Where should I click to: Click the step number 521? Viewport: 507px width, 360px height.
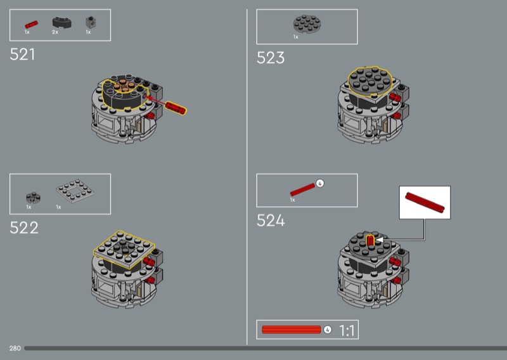point(22,55)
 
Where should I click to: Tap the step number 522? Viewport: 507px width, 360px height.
point(24,228)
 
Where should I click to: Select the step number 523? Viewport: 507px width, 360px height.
point(271,58)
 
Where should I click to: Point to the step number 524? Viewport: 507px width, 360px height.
point(271,221)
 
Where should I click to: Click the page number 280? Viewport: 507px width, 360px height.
point(15,349)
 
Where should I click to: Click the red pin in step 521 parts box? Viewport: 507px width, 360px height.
point(31,25)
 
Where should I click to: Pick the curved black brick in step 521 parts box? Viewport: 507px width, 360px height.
point(61,22)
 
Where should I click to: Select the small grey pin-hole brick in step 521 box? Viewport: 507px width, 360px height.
point(91,22)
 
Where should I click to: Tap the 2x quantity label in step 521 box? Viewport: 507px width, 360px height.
point(55,32)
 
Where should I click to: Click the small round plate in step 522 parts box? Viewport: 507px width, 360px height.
point(33,198)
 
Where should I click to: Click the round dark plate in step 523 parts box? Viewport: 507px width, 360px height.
point(307,24)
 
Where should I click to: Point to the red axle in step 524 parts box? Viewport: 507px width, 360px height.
point(302,190)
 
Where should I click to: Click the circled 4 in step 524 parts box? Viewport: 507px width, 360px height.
point(320,183)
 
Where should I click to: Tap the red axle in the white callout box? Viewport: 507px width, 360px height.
point(425,202)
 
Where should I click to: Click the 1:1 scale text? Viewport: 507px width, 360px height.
point(347,331)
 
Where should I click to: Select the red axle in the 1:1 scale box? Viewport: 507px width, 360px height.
point(291,330)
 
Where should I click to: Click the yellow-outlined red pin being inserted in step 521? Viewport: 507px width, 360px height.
point(176,108)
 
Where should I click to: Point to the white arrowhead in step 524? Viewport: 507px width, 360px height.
point(380,240)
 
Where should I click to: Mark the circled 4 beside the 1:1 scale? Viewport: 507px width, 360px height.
point(328,330)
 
